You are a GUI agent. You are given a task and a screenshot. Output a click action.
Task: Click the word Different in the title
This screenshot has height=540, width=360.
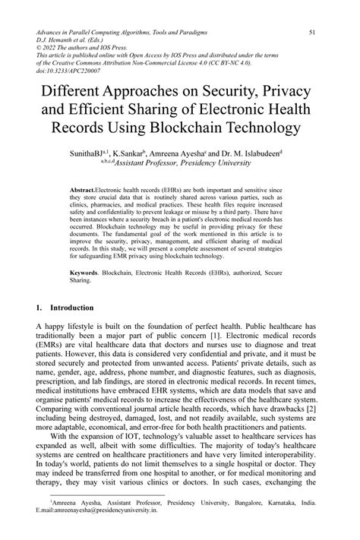83,97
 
